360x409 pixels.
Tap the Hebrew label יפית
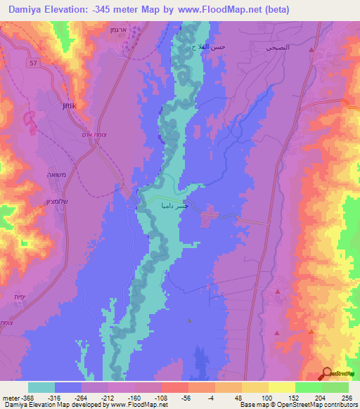[x=19, y=297]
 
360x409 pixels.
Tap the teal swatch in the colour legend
[x=41, y=387]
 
